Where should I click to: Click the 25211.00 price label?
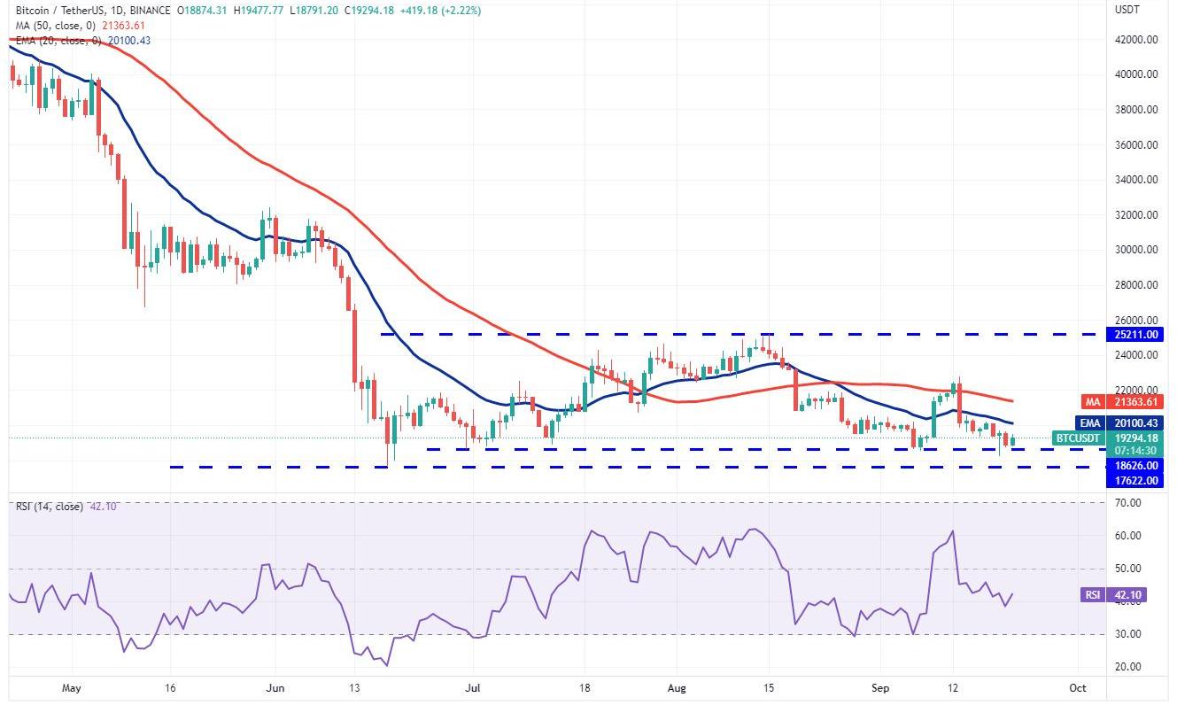click(1138, 335)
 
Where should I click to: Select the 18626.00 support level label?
click(1138, 466)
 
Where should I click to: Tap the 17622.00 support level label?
click(1138, 481)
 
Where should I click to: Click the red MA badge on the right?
click(1088, 402)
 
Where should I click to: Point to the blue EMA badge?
click(1088, 423)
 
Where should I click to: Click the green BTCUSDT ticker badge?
click(1077, 438)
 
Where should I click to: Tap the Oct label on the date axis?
click(1078, 687)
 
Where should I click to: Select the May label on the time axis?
click(73, 687)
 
